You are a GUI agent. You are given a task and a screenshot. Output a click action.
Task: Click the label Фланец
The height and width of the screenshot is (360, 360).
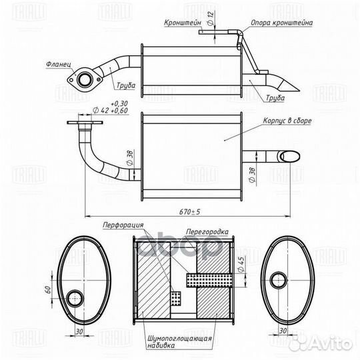59,64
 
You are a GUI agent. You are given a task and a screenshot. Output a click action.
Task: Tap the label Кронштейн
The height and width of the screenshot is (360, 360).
183,23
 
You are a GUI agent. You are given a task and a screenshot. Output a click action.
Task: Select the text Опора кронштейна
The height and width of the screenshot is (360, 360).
282,23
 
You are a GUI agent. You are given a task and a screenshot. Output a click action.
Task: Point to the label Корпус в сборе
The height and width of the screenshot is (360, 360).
287,121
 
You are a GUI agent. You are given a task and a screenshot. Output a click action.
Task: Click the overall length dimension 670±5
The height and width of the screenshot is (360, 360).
189,211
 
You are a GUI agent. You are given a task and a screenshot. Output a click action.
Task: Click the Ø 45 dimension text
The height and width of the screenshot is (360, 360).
241,264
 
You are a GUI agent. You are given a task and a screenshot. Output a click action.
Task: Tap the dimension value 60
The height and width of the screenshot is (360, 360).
48,289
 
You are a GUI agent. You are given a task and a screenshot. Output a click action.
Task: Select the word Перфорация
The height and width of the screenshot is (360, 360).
123,225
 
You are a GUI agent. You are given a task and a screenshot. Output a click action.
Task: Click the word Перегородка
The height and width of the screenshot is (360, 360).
207,231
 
